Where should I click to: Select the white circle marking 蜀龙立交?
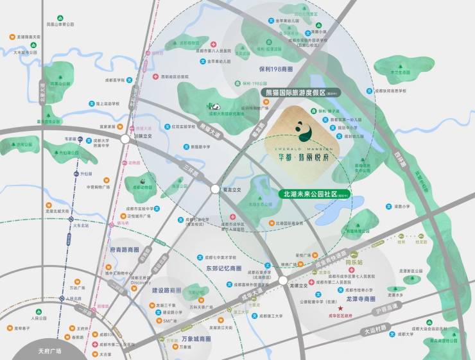click(214, 189)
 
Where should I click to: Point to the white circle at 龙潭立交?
click(282, 280)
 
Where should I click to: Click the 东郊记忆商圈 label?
click(223, 268)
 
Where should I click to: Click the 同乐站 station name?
click(372, 263)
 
